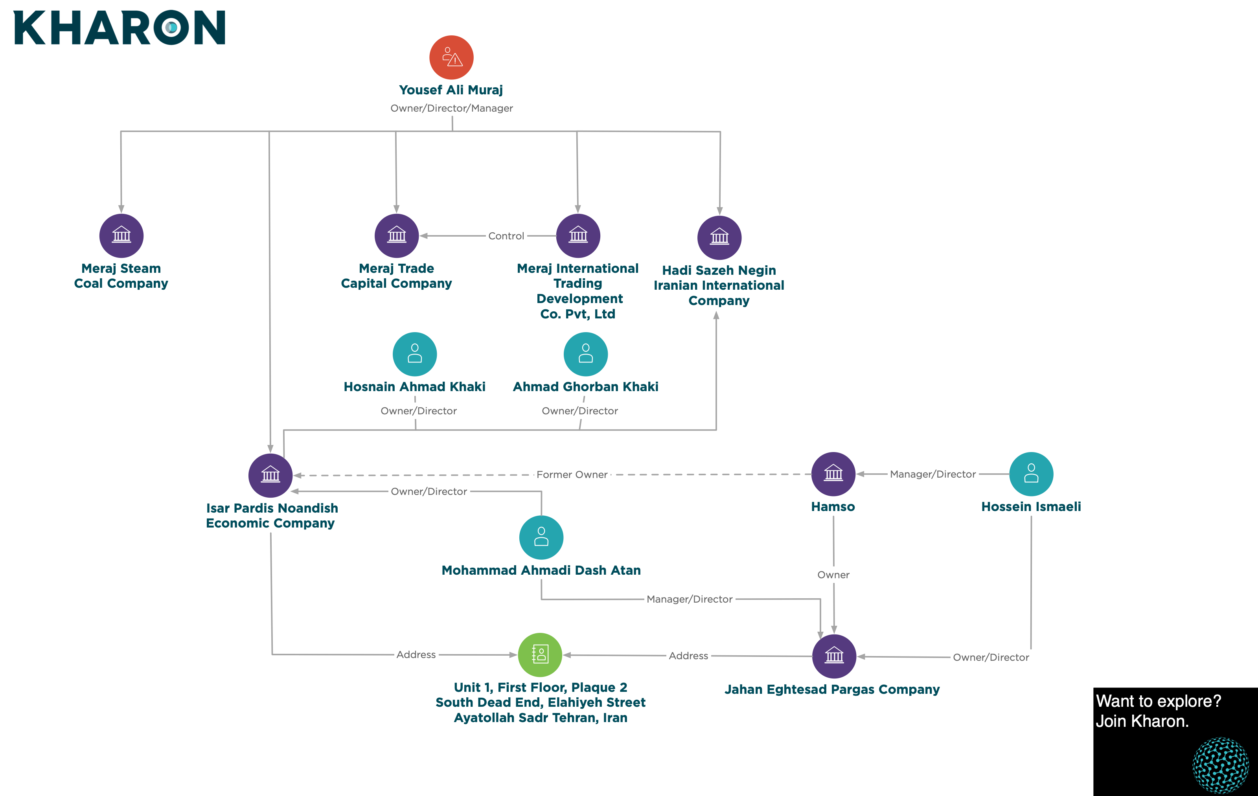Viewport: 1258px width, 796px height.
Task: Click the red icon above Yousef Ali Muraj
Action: [x=451, y=57]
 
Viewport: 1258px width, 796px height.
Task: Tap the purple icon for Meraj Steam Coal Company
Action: [x=121, y=235]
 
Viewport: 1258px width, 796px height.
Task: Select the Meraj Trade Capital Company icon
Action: [x=397, y=235]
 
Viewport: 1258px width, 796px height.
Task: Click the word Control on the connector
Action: [x=506, y=236]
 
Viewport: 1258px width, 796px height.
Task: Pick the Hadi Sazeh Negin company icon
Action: [x=719, y=238]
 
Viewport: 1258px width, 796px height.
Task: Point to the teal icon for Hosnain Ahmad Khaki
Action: [x=415, y=354]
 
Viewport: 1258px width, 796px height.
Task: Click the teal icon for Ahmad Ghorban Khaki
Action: [x=586, y=354]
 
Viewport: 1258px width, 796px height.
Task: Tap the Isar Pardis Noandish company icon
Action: [x=270, y=475]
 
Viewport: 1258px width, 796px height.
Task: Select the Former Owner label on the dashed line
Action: [x=572, y=475]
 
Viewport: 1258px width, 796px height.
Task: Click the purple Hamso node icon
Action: [x=833, y=474]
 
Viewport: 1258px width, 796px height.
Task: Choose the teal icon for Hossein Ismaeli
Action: [x=1031, y=474]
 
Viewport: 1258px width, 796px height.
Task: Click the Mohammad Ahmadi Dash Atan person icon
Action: [x=541, y=537]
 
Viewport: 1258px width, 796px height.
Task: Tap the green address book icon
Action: [x=540, y=654]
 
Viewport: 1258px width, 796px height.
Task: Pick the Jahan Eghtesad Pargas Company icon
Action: [x=834, y=656]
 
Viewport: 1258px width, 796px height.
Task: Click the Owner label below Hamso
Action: [x=833, y=575]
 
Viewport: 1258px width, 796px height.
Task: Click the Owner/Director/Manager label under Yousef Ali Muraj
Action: [x=452, y=108]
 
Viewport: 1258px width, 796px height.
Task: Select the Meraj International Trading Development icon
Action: [x=578, y=235]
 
